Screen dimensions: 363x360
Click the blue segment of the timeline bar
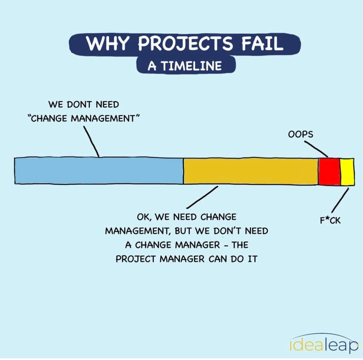tap(99, 171)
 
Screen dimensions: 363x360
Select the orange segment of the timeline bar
tap(251, 172)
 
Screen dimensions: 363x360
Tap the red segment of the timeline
tap(329, 172)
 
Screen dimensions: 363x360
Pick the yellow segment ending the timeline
tap(347, 172)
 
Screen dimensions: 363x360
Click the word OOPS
tap(300, 134)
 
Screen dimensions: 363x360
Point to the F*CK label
tap(330, 220)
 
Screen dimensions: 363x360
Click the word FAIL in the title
tap(262, 44)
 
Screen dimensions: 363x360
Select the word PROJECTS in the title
tap(185, 44)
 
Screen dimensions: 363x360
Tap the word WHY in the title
tap(107, 43)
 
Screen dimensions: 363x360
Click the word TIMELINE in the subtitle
tap(191, 66)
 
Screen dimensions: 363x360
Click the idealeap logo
tap(324, 344)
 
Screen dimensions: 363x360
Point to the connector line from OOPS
tap(316, 149)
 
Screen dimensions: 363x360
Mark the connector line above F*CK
tap(340, 200)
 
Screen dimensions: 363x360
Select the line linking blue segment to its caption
tap(92, 142)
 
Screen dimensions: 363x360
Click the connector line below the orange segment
tap(202, 197)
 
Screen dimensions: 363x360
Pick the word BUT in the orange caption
tap(183, 231)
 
